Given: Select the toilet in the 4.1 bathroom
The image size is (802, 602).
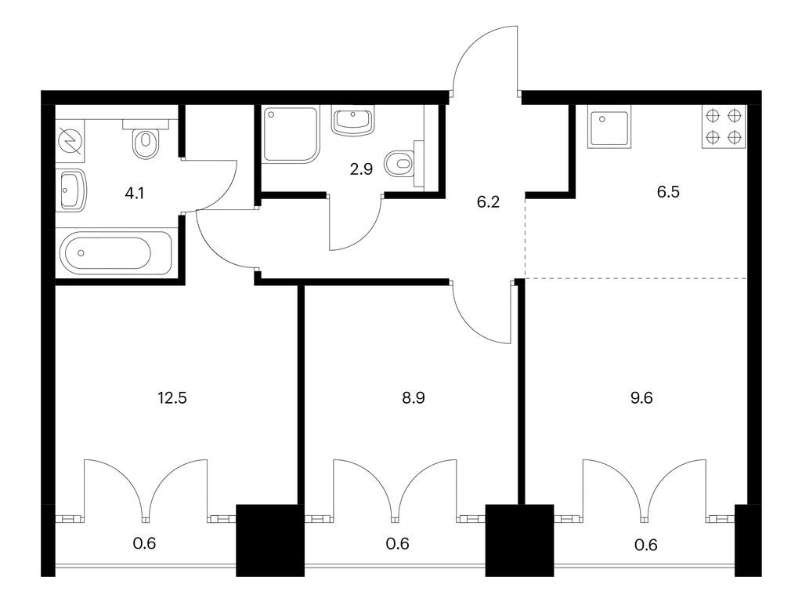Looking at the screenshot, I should click(146, 142).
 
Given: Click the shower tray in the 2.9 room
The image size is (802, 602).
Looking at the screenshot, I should click(291, 134).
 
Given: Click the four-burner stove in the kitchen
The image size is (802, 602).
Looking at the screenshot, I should click(724, 126).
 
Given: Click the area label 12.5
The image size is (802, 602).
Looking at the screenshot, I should click(172, 397).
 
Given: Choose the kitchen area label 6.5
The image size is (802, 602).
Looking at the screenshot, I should click(667, 191).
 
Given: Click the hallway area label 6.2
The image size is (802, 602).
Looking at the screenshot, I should click(488, 201).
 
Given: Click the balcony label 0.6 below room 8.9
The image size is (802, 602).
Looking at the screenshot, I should click(398, 542).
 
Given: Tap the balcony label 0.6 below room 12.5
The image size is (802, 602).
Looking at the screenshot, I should click(147, 542).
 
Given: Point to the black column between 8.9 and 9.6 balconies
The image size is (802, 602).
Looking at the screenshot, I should click(519, 541).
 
